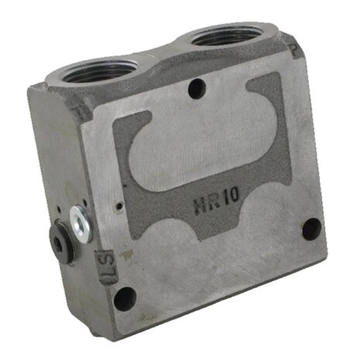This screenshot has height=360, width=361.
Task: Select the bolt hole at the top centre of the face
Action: click(x=197, y=89)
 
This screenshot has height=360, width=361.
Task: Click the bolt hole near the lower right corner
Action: click(x=311, y=229)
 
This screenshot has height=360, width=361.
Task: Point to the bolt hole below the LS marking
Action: click(x=125, y=299)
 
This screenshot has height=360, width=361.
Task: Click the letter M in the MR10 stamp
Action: click(x=200, y=206)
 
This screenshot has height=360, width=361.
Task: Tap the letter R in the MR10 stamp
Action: click(x=214, y=202)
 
